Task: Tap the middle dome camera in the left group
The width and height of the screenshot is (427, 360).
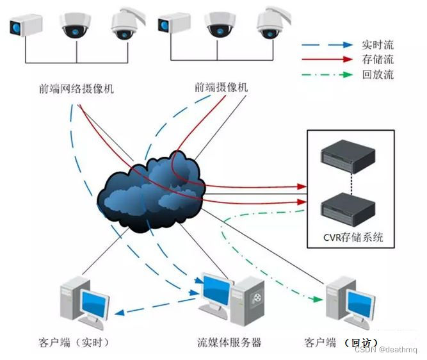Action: (x=76, y=24)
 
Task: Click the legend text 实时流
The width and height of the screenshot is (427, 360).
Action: (x=377, y=45)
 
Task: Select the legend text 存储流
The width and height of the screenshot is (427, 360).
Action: (x=377, y=60)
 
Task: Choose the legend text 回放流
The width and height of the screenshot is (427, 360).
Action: (x=377, y=74)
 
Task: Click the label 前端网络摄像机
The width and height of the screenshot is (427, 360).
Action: (x=76, y=89)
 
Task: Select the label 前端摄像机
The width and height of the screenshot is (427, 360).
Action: (x=221, y=88)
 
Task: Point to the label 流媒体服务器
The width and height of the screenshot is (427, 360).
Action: (x=229, y=342)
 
